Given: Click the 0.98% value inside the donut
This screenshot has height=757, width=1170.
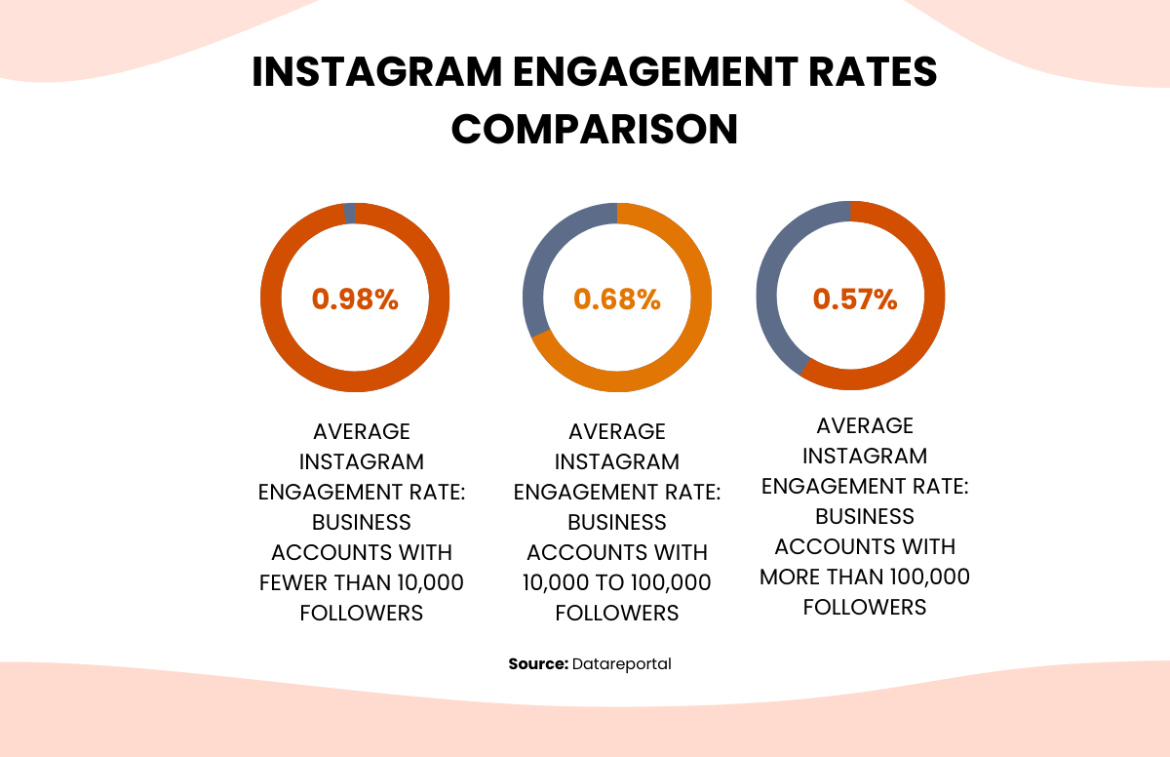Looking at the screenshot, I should coord(355,299).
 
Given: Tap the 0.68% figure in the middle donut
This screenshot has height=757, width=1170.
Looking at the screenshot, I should coord(617,299).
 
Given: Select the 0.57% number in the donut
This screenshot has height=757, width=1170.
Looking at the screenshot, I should coord(855,299).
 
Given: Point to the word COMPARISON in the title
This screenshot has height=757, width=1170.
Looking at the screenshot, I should coord(594,130).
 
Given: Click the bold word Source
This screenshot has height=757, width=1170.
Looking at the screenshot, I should coord(538,663).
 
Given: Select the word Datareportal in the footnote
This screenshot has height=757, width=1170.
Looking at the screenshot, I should coord(622,663).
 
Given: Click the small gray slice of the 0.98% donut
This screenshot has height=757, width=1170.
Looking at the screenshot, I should coord(349,213).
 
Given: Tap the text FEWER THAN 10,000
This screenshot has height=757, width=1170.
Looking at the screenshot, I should coord(361,582).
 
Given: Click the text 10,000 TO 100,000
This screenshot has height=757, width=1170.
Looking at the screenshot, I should coord(617,582).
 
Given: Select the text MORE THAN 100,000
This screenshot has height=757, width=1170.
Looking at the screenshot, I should coord(865,577).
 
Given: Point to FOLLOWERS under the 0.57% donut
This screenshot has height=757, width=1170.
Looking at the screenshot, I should coord(865,607).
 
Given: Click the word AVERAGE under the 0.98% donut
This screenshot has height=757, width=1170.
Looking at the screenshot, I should coord(361,431).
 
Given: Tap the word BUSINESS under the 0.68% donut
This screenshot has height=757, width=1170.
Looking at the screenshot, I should coord(617,522).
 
